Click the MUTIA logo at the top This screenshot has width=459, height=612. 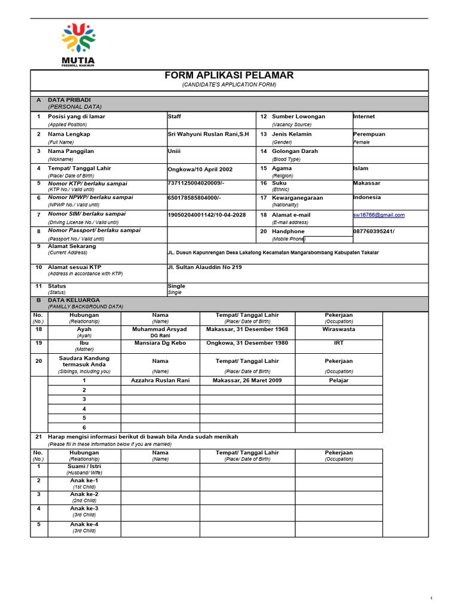click(x=78, y=44)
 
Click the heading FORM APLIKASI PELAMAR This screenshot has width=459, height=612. click(x=229, y=75)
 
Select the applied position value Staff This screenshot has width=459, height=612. click(x=174, y=117)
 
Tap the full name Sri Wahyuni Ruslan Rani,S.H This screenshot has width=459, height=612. click(x=208, y=134)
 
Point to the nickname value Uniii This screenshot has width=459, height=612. click(x=175, y=151)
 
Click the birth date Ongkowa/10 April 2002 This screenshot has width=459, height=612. click(x=200, y=169)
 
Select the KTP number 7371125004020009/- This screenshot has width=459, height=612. click(x=195, y=183)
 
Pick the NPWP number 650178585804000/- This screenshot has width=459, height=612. click(x=194, y=197)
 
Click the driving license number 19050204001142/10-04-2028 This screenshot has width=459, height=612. click(x=207, y=214)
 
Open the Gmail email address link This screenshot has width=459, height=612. click(x=378, y=215)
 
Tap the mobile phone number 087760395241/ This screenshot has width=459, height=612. click(x=374, y=231)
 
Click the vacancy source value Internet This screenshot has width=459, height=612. click(x=364, y=117)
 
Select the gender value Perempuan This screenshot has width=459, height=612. click(x=369, y=134)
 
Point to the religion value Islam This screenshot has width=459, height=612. click(x=360, y=169)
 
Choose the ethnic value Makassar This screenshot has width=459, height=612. click(x=366, y=183)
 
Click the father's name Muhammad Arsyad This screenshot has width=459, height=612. click(x=160, y=329)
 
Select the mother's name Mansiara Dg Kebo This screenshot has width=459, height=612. click(x=160, y=344)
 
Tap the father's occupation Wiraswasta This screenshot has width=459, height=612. click(x=338, y=329)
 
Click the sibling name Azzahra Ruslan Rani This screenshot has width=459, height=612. click(x=160, y=380)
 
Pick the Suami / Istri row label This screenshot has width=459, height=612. click(x=84, y=466)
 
